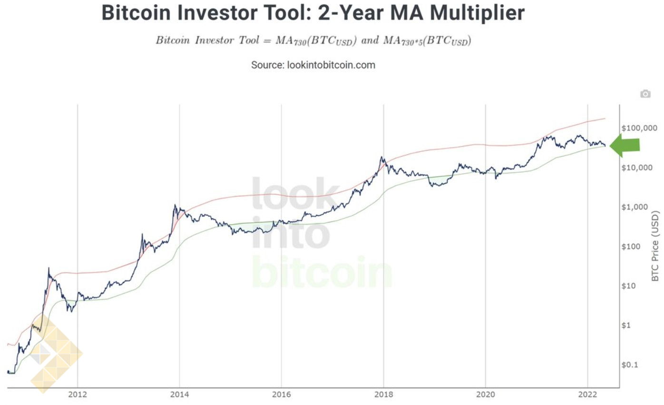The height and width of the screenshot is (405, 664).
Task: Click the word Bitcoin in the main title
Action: point(136,13)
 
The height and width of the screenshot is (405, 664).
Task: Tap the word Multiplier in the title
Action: point(477,13)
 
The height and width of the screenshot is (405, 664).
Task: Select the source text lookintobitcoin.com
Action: point(331,65)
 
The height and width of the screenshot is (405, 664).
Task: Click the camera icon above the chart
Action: point(645,94)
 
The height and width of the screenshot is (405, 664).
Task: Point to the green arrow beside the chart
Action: point(625,145)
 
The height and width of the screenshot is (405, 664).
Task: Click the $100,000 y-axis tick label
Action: point(639,128)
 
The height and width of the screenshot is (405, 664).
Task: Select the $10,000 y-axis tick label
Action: point(637,168)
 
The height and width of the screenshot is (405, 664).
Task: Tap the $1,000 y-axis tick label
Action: point(635,207)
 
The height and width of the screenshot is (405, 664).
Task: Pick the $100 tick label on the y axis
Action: point(631,247)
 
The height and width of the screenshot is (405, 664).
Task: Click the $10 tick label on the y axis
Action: point(629,286)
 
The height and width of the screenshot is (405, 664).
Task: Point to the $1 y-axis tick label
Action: point(626,325)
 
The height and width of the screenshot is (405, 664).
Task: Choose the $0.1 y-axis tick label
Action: point(630,365)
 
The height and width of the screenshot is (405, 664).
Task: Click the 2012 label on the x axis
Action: point(78,395)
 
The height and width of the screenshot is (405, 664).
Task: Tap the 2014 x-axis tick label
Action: point(179,395)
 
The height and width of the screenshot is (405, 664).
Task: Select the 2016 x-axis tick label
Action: point(281,395)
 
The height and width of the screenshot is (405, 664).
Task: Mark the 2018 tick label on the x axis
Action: point(383,395)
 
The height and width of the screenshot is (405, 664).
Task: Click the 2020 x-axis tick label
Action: point(486,395)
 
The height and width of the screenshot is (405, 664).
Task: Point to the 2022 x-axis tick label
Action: point(587,395)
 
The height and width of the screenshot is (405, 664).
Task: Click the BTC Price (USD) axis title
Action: point(654,246)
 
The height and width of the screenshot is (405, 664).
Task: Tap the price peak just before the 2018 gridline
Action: point(382,157)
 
